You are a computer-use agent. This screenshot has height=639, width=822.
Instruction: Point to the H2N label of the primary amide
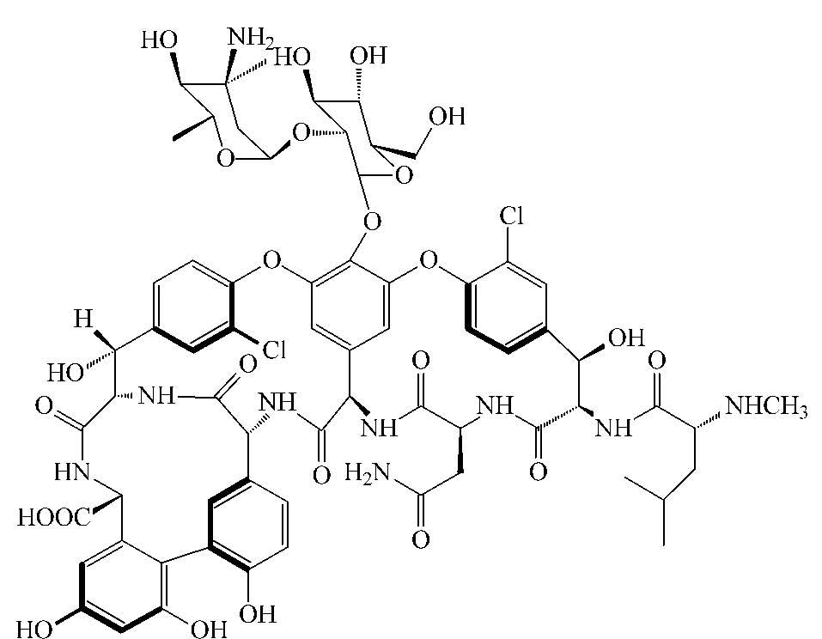click(368, 474)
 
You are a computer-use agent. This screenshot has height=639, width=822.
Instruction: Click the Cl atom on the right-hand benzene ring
click(511, 216)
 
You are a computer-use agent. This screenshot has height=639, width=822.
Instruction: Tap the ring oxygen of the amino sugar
click(225, 157)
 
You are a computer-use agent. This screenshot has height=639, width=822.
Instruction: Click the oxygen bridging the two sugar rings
click(301, 133)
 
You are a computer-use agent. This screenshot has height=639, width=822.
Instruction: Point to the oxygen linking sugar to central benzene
click(372, 222)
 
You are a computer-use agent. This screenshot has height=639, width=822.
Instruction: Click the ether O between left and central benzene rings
click(271, 259)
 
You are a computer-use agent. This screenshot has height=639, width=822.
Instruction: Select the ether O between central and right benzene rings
click(429, 259)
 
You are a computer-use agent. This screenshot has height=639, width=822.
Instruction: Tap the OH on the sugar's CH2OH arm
click(448, 116)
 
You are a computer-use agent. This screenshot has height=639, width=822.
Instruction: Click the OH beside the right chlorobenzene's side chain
click(626, 338)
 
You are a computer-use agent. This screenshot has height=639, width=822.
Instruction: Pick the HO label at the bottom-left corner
click(34, 629)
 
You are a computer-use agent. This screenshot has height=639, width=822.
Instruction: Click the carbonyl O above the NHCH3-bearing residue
click(656, 362)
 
